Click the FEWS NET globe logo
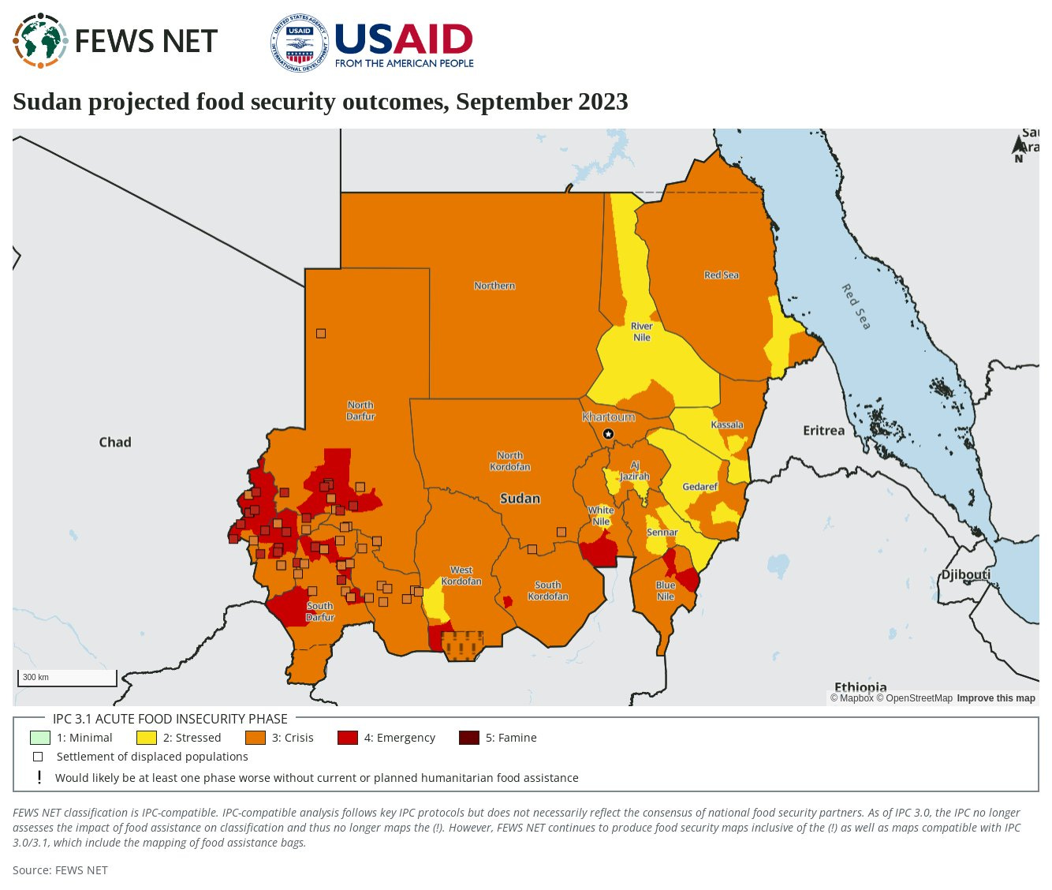[40, 41]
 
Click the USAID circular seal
[300, 43]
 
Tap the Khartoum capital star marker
[608, 434]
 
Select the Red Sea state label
[721, 275]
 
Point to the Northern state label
[494, 286]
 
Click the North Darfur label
[360, 410]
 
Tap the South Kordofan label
[547, 590]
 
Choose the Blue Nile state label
[666, 590]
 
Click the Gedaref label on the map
[699, 487]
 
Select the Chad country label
[115, 442]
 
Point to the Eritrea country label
[823, 430]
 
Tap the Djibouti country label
[965, 574]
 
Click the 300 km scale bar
[67, 678]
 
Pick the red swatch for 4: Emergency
[347, 738]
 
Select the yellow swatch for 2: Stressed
[147, 738]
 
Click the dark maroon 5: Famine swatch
[468, 738]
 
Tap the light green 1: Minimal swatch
[39, 738]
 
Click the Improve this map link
[995, 698]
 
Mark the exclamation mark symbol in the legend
[39, 777]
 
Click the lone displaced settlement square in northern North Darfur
[321, 333]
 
